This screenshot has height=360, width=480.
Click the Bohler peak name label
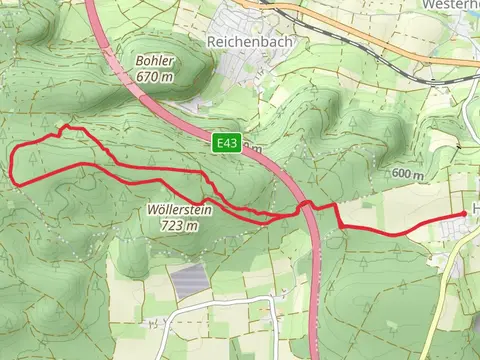[x=155, y=60]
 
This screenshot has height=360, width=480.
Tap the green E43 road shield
[x=226, y=145]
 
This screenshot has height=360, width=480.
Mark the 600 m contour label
[x=408, y=174]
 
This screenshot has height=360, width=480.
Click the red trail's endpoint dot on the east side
[x=465, y=214]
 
